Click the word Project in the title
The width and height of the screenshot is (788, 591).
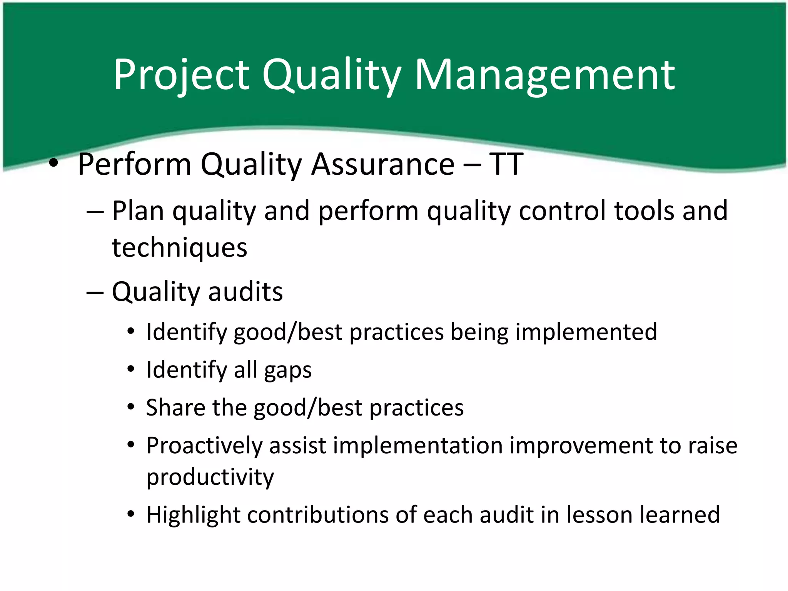[181, 75]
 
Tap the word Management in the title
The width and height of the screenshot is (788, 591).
[544, 75]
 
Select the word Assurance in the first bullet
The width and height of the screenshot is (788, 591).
[383, 164]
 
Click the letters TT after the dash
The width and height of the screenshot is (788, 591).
[506, 164]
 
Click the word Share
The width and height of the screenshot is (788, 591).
[175, 407]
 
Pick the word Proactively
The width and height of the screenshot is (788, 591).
[204, 446]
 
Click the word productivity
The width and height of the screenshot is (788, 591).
[210, 477]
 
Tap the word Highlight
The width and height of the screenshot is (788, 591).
[193, 515]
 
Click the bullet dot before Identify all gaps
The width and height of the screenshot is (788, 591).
[131, 369]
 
